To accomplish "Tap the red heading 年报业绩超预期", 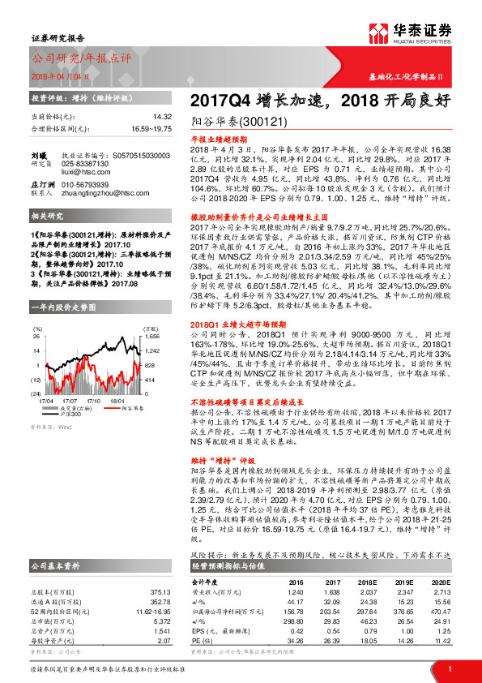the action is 216,140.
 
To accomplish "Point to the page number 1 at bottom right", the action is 449,668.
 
